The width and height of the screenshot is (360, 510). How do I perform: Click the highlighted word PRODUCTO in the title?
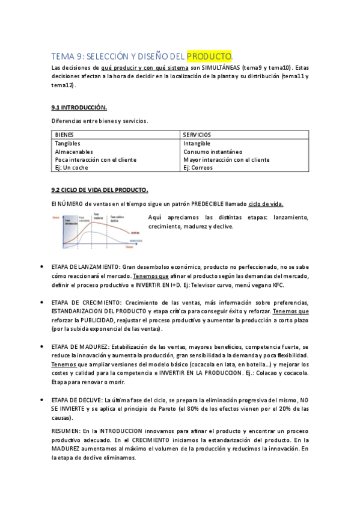209,57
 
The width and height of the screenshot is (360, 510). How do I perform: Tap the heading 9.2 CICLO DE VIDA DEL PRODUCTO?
99,190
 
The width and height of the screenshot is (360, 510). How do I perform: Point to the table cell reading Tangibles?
67,144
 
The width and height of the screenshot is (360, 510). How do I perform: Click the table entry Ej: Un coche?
72,168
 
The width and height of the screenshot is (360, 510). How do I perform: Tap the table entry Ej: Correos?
198,168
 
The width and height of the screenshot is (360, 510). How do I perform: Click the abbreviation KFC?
278,285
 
